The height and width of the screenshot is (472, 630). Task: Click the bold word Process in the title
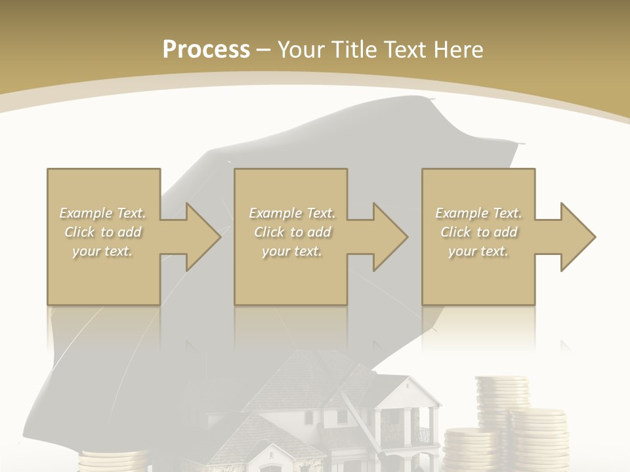click(x=206, y=49)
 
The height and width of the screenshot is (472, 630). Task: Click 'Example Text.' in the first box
click(x=103, y=213)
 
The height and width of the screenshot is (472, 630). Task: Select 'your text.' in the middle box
click(x=292, y=251)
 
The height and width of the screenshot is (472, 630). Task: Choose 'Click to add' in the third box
click(x=478, y=232)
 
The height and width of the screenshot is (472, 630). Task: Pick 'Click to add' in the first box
click(x=103, y=232)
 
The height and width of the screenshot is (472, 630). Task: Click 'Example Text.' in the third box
click(x=478, y=213)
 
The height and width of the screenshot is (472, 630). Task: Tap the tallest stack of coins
click(x=503, y=400)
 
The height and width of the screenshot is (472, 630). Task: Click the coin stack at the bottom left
click(x=112, y=461)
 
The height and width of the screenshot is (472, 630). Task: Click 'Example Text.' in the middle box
click(x=292, y=213)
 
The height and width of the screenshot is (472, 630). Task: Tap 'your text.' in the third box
click(x=478, y=251)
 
